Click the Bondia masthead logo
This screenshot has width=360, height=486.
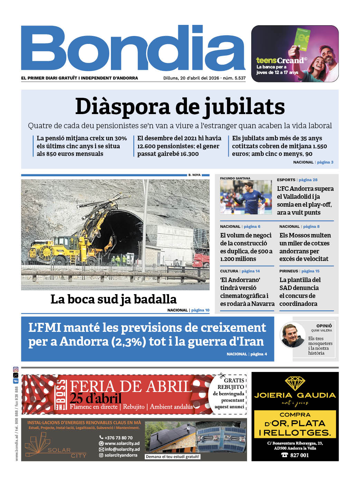point(133,48)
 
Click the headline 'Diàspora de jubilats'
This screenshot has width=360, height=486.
point(180,106)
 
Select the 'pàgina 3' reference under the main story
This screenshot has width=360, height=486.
point(325,162)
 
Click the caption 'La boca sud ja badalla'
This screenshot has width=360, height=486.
point(113,299)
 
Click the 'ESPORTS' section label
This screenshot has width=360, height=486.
point(286,180)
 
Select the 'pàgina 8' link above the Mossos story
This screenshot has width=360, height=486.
point(311,226)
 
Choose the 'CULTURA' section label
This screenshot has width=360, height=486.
point(229,271)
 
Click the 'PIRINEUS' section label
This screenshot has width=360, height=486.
point(288,271)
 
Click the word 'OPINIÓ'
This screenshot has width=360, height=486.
point(324,326)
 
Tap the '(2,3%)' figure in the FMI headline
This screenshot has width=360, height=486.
point(129,342)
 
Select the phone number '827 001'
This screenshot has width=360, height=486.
point(299,455)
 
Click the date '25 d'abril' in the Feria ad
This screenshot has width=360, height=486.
point(96,399)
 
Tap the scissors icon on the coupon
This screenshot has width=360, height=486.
point(222,376)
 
